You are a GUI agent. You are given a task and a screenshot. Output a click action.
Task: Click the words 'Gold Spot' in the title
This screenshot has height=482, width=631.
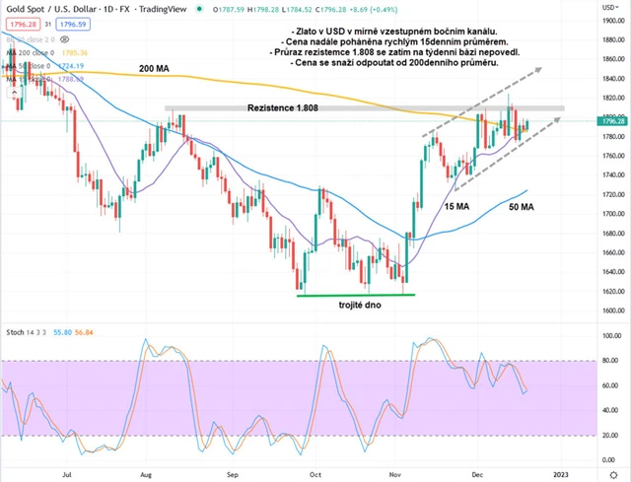coord(26,8)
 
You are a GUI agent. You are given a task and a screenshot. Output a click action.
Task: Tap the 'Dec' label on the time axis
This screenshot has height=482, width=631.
coord(475,473)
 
